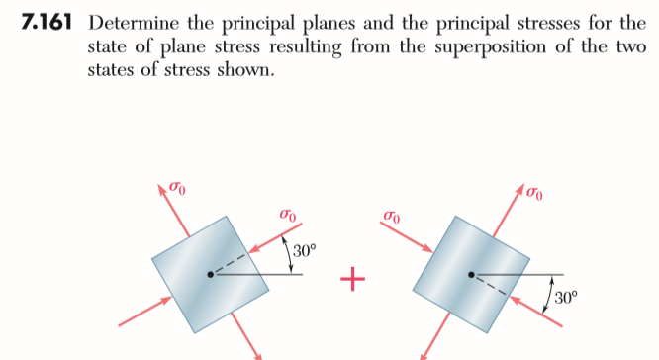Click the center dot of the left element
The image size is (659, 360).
click(209, 275)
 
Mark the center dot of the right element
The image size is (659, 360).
click(471, 274)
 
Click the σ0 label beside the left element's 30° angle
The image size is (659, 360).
click(288, 215)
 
